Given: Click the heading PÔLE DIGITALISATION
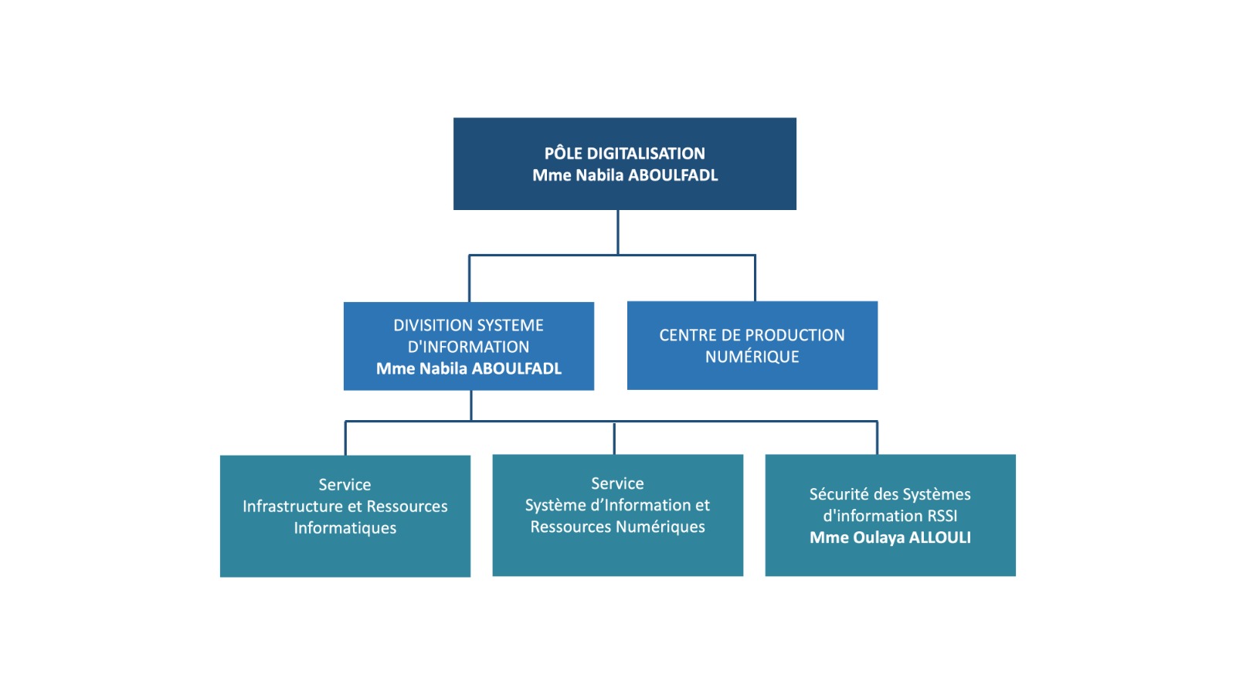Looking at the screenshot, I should [x=624, y=153].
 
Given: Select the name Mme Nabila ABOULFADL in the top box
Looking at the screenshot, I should [x=624, y=175].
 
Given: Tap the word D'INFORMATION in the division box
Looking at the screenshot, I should [x=468, y=347].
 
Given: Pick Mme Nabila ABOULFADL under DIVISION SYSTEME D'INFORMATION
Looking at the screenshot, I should [x=468, y=368].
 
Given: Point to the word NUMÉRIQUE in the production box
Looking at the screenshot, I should [x=752, y=357].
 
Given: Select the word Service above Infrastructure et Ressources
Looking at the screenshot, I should [x=345, y=485].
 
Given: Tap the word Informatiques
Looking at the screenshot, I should [x=345, y=528].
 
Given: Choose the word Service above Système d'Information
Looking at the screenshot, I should [x=617, y=483].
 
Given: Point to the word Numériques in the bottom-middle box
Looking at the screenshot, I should [x=660, y=527].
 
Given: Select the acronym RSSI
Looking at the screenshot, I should [x=941, y=516].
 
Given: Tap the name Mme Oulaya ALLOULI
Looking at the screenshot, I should [x=890, y=537].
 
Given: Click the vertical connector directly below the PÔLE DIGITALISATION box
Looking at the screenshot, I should [x=618, y=232].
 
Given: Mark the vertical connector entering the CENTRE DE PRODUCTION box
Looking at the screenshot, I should [x=755, y=278].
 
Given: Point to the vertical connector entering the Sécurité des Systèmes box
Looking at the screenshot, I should [x=877, y=438].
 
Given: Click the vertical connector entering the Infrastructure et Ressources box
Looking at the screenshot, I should [x=345, y=438].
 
